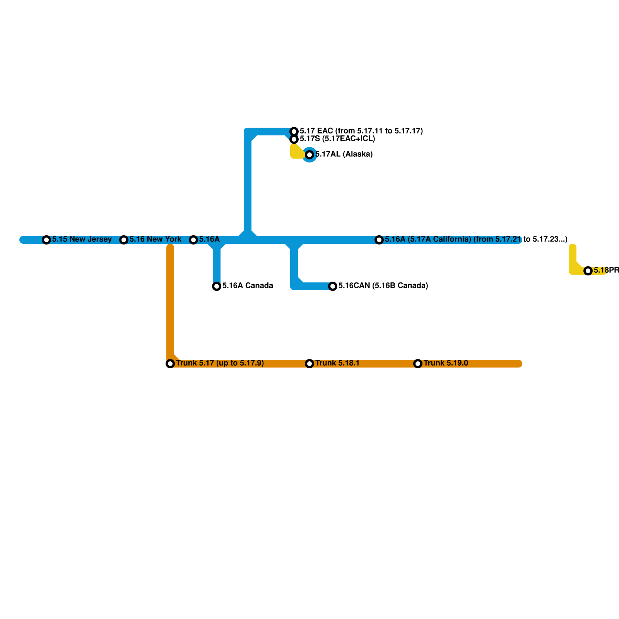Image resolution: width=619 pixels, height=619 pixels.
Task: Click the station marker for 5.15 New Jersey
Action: click(x=46, y=240)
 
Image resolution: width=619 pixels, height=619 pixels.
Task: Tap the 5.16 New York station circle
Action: click(x=124, y=240)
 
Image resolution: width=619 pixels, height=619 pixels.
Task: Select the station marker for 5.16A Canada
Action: click(x=217, y=286)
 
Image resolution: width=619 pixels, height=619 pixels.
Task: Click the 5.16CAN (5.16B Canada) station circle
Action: click(x=333, y=286)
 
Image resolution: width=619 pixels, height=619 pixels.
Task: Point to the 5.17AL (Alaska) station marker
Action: click(x=309, y=155)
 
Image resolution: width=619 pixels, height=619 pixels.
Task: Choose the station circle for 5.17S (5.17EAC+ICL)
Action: click(x=294, y=139)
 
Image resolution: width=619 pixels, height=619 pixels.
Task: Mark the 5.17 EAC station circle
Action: click(x=294, y=132)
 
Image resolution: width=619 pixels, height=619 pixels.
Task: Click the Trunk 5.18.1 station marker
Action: click(x=309, y=364)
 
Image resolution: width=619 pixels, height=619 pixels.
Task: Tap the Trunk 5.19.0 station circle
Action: click(x=418, y=364)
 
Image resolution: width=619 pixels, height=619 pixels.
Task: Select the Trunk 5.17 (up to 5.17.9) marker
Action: click(x=170, y=364)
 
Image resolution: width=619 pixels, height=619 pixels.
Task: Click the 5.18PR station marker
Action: click(x=588, y=271)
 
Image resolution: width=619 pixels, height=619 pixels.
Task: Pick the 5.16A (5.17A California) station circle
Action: click(x=379, y=240)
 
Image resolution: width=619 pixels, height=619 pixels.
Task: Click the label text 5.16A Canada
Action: click(x=248, y=286)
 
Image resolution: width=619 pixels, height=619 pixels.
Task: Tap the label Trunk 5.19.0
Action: click(x=446, y=363)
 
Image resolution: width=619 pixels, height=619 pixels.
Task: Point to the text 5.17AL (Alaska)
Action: click(x=344, y=154)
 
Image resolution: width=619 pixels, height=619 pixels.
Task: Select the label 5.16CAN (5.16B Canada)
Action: click(x=383, y=286)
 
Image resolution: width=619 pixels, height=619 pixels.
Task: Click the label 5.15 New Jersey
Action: click(x=82, y=239)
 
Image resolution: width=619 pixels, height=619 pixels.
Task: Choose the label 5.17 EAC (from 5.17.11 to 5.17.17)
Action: click(x=361, y=131)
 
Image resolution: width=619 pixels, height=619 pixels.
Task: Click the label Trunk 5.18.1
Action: click(x=337, y=363)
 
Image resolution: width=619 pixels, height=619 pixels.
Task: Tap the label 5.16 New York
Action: click(x=156, y=239)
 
